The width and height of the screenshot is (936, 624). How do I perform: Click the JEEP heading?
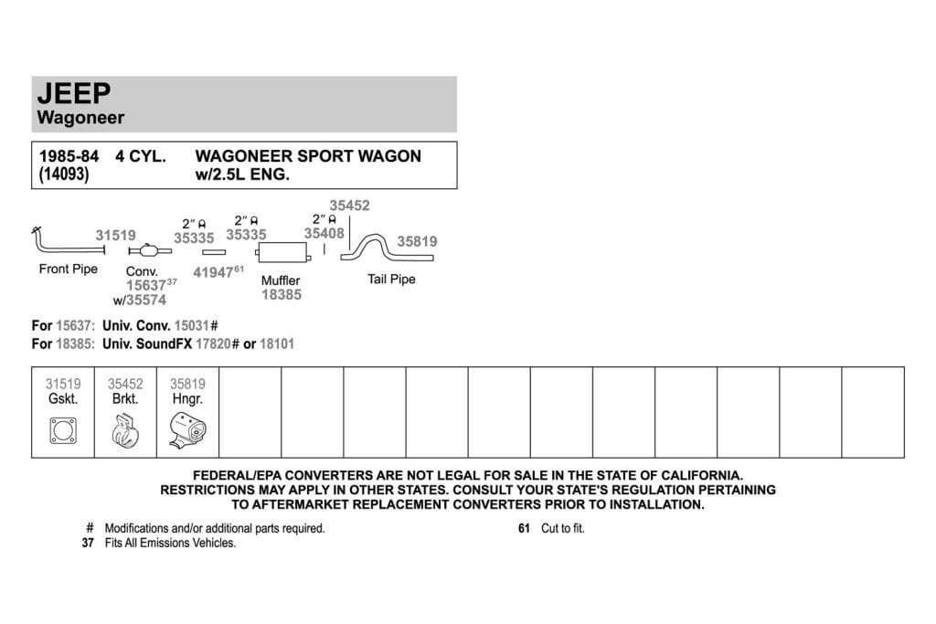pyautogui.click(x=74, y=94)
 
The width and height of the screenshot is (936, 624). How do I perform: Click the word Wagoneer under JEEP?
pyautogui.click(x=80, y=118)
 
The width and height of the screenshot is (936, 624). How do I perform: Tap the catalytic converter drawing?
pyautogui.click(x=149, y=250)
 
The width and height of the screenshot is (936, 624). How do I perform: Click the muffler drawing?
pyautogui.click(x=283, y=253)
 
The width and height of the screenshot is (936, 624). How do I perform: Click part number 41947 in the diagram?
pyautogui.click(x=213, y=272)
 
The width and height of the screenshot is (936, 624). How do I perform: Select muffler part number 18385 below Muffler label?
pyautogui.click(x=282, y=295)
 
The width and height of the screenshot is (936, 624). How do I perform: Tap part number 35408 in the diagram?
pyautogui.click(x=324, y=233)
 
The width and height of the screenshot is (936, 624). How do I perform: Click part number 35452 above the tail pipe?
pyautogui.click(x=350, y=206)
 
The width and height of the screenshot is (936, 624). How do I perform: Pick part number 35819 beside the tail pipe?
pyautogui.click(x=417, y=241)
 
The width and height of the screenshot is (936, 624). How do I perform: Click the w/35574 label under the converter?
pyautogui.click(x=140, y=300)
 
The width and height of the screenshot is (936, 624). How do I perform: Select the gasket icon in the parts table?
pyautogui.click(x=63, y=430)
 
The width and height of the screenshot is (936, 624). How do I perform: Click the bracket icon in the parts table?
pyautogui.click(x=125, y=430)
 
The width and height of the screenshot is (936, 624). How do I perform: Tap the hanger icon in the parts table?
pyautogui.click(x=187, y=429)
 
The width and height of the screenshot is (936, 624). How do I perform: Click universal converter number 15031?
pyautogui.click(x=192, y=326)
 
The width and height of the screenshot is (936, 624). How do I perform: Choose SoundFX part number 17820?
pyautogui.click(x=213, y=344)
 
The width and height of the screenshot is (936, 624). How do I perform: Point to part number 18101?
pyautogui.click(x=277, y=344)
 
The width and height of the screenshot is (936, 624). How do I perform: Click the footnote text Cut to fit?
pyautogui.click(x=563, y=529)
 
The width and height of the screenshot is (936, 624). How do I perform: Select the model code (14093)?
pyautogui.click(x=64, y=175)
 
